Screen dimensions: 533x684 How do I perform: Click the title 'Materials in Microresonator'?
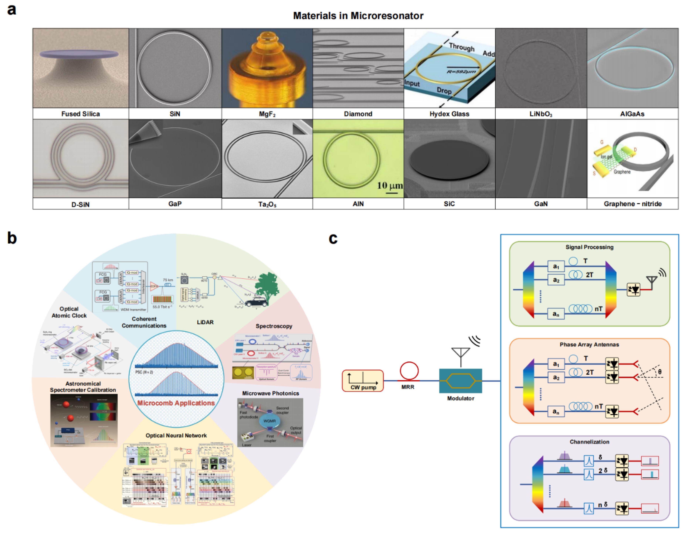click(x=358, y=16)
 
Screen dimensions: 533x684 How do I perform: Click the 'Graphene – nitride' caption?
click(x=632, y=204)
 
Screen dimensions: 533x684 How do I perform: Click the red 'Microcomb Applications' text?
click(x=176, y=403)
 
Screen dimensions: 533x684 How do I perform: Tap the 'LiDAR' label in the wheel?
click(x=205, y=322)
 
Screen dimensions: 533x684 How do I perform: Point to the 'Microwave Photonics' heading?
click(x=270, y=393)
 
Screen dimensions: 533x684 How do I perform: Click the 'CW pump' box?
click(x=363, y=381)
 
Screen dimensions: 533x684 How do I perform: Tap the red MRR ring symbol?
click(x=409, y=371)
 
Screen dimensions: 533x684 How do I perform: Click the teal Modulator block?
click(x=460, y=381)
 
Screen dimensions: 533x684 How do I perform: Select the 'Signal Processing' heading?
click(x=589, y=247)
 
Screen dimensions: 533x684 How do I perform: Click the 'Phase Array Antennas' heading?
click(x=589, y=345)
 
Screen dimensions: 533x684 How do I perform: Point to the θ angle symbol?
click(x=660, y=372)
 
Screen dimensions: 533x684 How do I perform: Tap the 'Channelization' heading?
click(x=589, y=442)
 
